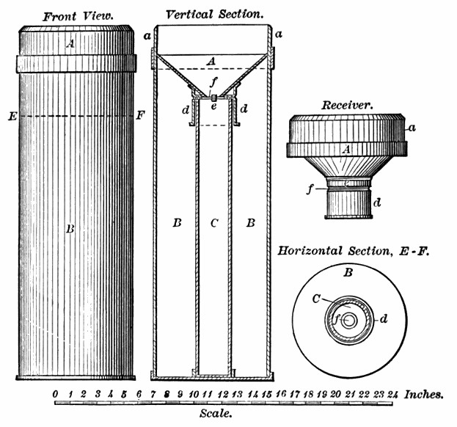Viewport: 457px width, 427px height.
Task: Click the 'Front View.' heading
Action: tap(76, 15)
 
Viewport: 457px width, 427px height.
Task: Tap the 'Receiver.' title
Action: tap(348, 105)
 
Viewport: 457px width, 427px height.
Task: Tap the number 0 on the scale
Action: tap(56, 394)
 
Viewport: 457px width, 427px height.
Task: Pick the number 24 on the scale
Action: tap(394, 394)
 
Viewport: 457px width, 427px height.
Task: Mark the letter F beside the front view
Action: tap(142, 115)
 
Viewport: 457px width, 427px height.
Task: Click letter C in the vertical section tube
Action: tap(213, 224)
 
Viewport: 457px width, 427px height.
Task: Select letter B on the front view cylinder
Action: tap(70, 229)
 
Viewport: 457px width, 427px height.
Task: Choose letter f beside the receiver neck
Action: tap(312, 188)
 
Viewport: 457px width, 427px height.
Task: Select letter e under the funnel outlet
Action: tap(213, 107)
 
